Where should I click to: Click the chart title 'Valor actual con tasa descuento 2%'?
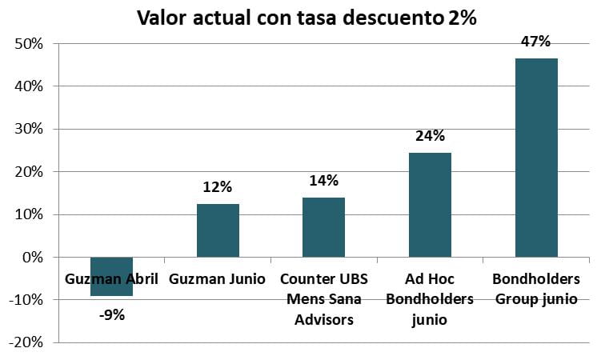click(x=307, y=18)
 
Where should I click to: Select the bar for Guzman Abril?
click(x=111, y=290)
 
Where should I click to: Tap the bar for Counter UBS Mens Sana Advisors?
click(x=323, y=227)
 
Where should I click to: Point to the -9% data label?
click(x=112, y=314)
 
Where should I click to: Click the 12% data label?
click(x=218, y=186)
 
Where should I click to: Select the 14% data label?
click(x=324, y=180)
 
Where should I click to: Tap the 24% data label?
click(x=430, y=135)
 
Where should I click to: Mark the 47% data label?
click(x=536, y=41)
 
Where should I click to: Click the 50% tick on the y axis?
click(x=28, y=43)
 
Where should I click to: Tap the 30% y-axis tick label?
click(x=28, y=129)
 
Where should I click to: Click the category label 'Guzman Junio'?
click(x=218, y=279)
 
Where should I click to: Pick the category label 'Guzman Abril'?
click(x=112, y=279)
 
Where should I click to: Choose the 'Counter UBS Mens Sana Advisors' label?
click(x=323, y=300)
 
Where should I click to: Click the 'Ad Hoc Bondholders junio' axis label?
click(x=430, y=300)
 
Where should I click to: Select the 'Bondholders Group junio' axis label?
click(x=536, y=290)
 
